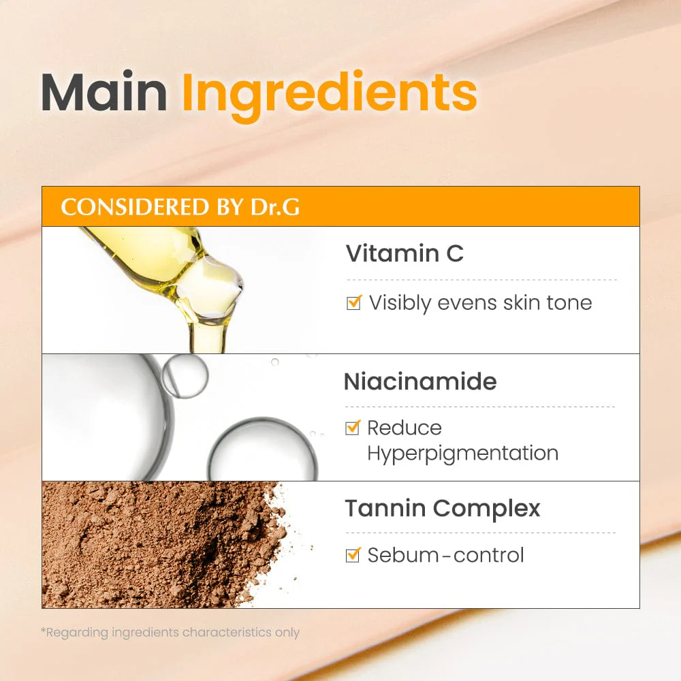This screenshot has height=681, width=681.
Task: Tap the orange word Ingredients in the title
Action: (x=329, y=93)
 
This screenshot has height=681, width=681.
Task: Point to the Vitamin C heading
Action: (x=405, y=253)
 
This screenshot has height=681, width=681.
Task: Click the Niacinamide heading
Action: (x=420, y=381)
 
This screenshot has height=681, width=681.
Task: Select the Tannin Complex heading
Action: (x=443, y=508)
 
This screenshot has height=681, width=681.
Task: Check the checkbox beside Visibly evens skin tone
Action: (x=353, y=302)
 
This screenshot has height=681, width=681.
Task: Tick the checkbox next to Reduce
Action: (x=353, y=428)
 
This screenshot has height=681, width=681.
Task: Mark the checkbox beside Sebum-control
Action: (x=353, y=555)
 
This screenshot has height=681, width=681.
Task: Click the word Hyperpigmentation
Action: (x=462, y=453)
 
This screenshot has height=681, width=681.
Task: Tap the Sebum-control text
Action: (x=446, y=555)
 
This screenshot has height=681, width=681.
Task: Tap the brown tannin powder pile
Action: (x=157, y=545)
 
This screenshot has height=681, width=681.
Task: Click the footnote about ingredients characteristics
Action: (x=170, y=632)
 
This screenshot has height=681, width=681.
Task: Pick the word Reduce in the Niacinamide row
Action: (x=405, y=428)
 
